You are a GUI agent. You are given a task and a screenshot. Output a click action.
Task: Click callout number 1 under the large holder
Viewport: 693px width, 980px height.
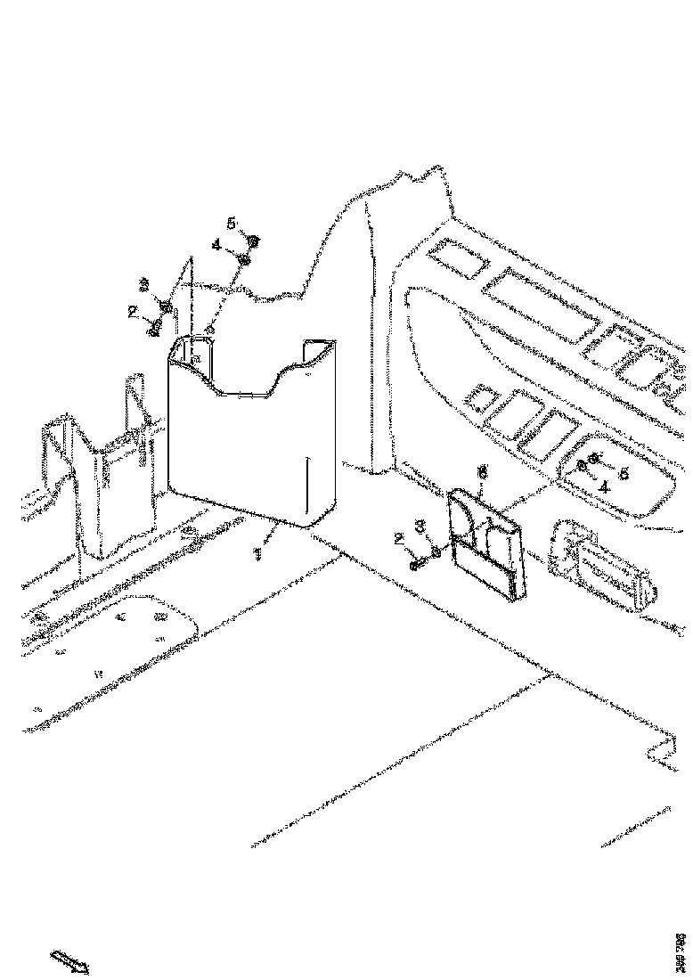pyautogui.click(x=258, y=554)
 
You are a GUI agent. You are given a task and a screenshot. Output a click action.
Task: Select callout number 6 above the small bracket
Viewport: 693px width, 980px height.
pyautogui.click(x=483, y=473)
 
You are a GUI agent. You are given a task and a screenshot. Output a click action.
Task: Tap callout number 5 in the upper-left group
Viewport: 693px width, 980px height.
pyautogui.click(x=230, y=223)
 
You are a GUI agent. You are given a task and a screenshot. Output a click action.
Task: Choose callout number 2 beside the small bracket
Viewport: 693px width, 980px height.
pyautogui.click(x=400, y=538)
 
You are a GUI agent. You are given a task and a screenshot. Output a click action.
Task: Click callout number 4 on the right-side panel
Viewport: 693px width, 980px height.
pyautogui.click(x=603, y=486)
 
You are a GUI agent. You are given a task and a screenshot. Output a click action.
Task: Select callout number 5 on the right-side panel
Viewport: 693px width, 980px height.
pyautogui.click(x=624, y=473)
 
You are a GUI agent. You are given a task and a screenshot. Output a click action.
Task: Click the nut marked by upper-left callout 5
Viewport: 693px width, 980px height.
pyautogui.click(x=253, y=241)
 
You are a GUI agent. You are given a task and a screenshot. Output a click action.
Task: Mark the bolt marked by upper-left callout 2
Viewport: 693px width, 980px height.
pyautogui.click(x=155, y=329)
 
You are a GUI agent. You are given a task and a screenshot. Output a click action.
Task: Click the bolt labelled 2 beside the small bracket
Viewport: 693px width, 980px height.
pyautogui.click(x=417, y=563)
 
